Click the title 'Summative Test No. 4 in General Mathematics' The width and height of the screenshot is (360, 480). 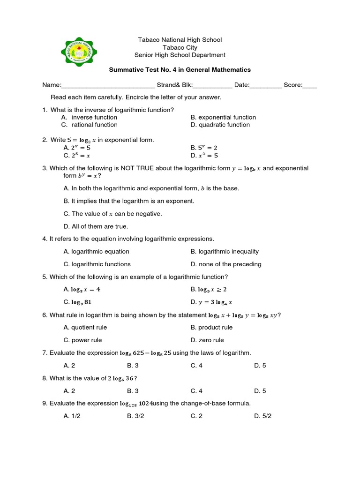point(180,70)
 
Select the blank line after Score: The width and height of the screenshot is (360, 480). point(310,85)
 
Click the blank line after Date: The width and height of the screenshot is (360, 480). point(266,85)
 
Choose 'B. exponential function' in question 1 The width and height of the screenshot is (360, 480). point(223,117)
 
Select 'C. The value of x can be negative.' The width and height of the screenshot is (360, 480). point(112,214)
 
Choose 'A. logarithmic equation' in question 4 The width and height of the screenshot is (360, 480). point(96,252)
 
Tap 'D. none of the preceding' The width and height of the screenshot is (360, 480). point(226,264)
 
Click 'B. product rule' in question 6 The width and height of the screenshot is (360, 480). point(211,328)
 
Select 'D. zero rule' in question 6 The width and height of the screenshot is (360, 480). point(207,340)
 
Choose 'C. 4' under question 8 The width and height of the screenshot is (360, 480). point(196,391)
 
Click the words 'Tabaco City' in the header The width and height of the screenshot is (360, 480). point(180,47)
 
